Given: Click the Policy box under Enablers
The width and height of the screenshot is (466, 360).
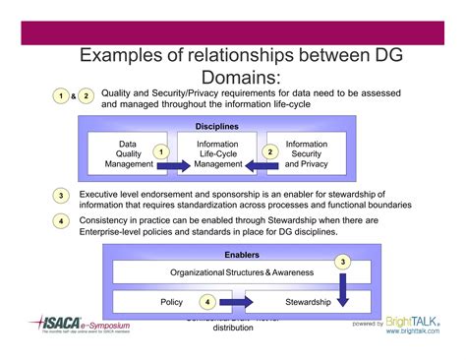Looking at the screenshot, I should coord(171,303).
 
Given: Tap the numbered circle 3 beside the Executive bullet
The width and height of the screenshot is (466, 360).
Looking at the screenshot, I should coord(62,195).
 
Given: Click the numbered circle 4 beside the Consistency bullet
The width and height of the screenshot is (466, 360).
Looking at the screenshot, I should coord(62,221).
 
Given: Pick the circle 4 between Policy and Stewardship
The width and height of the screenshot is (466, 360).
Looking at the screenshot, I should coord(208,301).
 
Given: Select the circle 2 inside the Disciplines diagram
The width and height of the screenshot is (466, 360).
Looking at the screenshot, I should coord(269,152).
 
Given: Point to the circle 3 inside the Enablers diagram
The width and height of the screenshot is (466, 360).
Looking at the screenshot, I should coord(342,262).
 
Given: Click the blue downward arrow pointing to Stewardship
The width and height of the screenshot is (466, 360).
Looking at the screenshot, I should coord(343,287).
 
